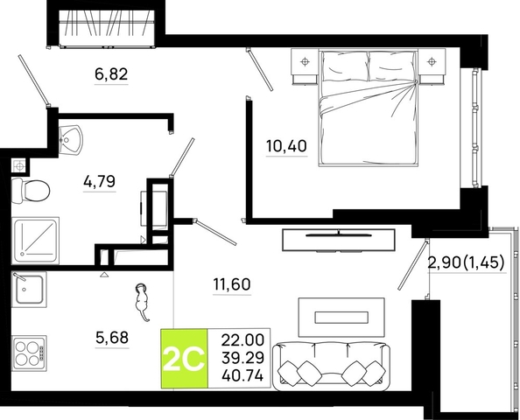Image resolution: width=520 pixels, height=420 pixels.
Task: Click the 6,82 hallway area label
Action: [x=111, y=73]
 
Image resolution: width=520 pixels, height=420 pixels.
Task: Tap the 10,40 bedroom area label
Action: [x=286, y=146]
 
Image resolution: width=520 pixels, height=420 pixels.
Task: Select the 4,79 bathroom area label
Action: [x=100, y=181]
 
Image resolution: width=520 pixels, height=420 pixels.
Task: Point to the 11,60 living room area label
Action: [x=232, y=284]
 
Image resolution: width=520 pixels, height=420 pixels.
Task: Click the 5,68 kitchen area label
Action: [x=112, y=338]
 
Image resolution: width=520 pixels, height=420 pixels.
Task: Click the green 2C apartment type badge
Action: [x=184, y=359]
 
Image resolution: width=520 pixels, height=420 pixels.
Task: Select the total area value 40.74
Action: [x=243, y=376]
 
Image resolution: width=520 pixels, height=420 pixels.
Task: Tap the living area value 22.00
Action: [x=243, y=340]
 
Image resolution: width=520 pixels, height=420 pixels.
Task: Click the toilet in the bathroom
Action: [x=31, y=191]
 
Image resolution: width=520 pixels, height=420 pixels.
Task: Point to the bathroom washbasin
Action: [x=70, y=139]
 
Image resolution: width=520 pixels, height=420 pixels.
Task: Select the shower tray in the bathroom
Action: [x=35, y=241]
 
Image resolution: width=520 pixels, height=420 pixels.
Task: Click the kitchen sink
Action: [x=29, y=289]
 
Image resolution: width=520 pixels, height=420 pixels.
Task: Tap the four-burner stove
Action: [x=29, y=353]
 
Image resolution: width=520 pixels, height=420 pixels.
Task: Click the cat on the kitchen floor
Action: [x=142, y=301]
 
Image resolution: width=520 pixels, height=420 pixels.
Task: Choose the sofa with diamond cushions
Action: [x=331, y=366]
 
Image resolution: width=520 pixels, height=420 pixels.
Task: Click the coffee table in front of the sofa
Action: [x=341, y=318]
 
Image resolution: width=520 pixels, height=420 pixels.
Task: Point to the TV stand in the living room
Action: [x=338, y=240]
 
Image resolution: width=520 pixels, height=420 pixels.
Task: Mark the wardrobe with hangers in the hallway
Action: [x=107, y=27]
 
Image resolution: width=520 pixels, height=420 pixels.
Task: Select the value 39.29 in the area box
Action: [x=243, y=358]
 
